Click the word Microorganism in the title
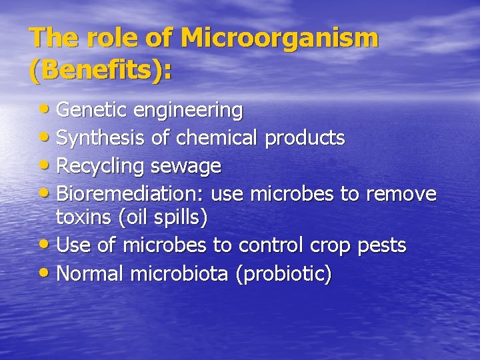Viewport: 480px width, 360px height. (279, 39)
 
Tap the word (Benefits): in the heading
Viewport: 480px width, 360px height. (100, 69)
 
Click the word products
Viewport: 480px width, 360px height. (305, 138)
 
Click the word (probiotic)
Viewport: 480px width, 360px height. (283, 273)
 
